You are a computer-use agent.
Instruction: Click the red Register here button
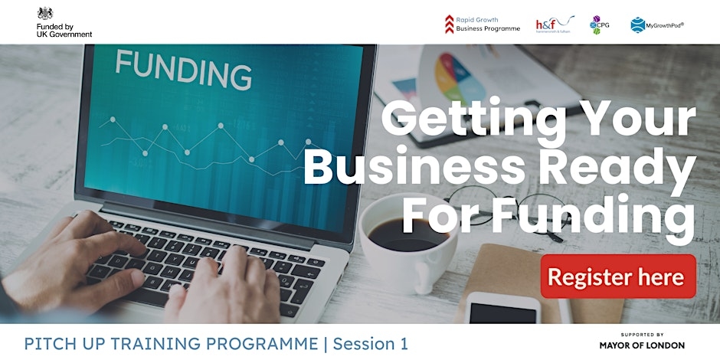pyautogui.click(x=618, y=277)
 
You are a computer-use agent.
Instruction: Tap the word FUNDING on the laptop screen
pyautogui.click(x=183, y=71)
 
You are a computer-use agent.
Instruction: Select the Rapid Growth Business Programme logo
pyautogui.click(x=483, y=24)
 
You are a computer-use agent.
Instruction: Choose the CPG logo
pyautogui.click(x=599, y=25)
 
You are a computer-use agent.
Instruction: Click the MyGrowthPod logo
pyautogui.click(x=657, y=25)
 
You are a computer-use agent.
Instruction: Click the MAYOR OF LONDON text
pyautogui.click(x=642, y=345)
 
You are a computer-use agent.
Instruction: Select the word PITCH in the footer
pyautogui.click(x=47, y=344)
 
